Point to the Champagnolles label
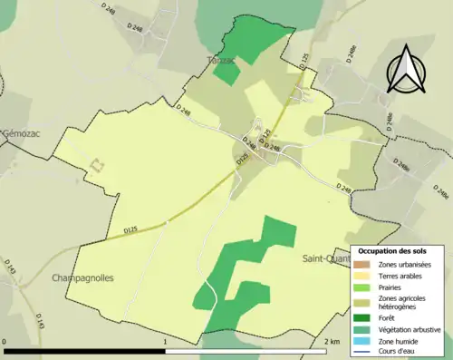click(83, 277)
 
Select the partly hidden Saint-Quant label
click(325, 258)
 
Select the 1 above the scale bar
click(165, 341)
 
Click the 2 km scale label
click(332, 341)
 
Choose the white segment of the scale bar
click(246, 350)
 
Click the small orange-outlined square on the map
click(96, 166)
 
